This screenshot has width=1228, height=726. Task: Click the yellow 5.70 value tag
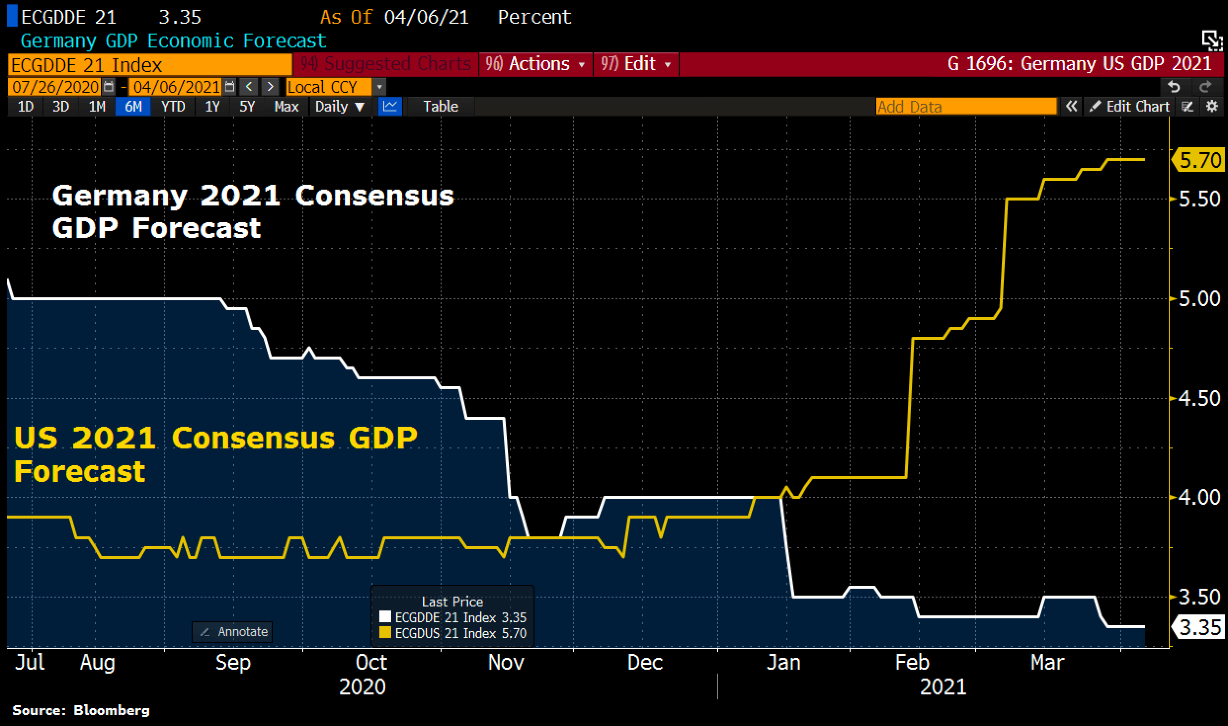1199,161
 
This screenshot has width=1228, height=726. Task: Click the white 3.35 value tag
1199,628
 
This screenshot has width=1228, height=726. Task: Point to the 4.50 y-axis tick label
1199,399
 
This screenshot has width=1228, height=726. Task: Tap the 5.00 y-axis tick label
1199,299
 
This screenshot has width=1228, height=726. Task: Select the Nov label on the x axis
506,662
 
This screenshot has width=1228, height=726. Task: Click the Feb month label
912,662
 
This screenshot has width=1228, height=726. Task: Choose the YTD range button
173,107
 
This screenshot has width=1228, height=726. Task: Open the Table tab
440,107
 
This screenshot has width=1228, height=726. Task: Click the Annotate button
232,632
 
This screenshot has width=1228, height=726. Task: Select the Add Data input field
966,107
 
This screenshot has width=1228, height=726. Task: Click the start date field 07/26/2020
55,87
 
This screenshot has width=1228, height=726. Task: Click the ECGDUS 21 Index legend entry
453,633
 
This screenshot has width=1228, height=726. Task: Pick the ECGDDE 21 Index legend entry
453,617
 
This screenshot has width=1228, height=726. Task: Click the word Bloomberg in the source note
111,710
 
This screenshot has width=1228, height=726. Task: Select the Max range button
287,107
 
